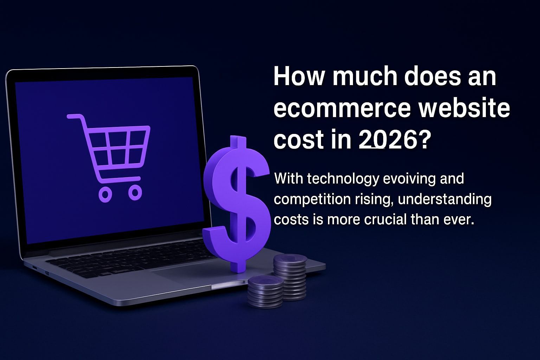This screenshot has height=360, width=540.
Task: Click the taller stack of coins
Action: pyautogui.click(x=290, y=278)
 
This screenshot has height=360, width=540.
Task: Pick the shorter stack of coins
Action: pyautogui.click(x=265, y=292)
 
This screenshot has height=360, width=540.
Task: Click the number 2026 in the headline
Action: pyautogui.click(x=387, y=140)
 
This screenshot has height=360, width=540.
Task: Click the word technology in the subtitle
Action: pyautogui.click(x=343, y=179)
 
